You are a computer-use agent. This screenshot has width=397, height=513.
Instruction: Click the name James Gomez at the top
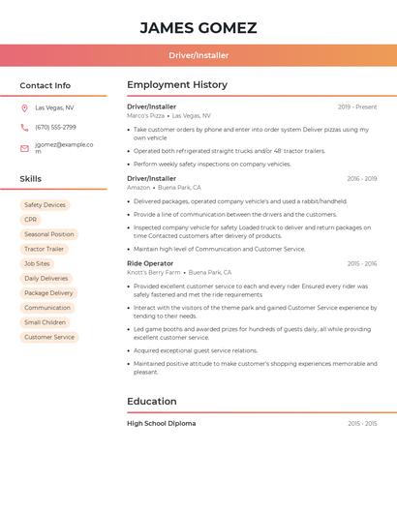tap(198, 27)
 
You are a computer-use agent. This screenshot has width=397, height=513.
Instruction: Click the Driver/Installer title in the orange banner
tap(198, 55)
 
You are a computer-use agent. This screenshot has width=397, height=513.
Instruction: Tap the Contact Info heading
tap(45, 85)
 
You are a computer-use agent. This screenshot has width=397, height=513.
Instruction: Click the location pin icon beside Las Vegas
tap(24, 108)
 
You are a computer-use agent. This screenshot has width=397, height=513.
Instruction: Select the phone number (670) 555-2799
tap(55, 127)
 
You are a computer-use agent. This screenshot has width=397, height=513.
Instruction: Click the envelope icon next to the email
tap(24, 148)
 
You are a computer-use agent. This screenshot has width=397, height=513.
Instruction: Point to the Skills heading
tap(31, 179)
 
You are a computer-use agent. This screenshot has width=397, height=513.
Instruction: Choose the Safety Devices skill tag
tap(45, 205)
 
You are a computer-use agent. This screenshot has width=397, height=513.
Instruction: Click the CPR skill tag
tap(31, 220)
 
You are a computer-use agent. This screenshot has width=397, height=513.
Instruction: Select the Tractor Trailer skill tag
tap(44, 249)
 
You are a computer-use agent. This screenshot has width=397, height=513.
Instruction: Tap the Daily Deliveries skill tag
tap(46, 278)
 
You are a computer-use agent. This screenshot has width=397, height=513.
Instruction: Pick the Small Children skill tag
tap(45, 322)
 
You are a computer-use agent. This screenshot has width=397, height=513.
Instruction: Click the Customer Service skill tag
tap(49, 337)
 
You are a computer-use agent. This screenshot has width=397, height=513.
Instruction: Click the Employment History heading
tap(177, 85)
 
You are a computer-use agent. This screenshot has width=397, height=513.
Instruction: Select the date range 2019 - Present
tap(357, 106)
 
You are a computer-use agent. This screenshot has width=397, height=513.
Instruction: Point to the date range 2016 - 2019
tap(361, 179)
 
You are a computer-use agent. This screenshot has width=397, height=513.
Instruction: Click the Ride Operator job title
tap(150, 263)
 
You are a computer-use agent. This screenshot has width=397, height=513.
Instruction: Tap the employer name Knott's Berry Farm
tap(154, 273)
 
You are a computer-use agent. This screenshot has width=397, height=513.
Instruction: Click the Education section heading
tap(152, 401)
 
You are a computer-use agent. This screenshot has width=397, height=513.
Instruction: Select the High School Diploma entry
tap(162, 423)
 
